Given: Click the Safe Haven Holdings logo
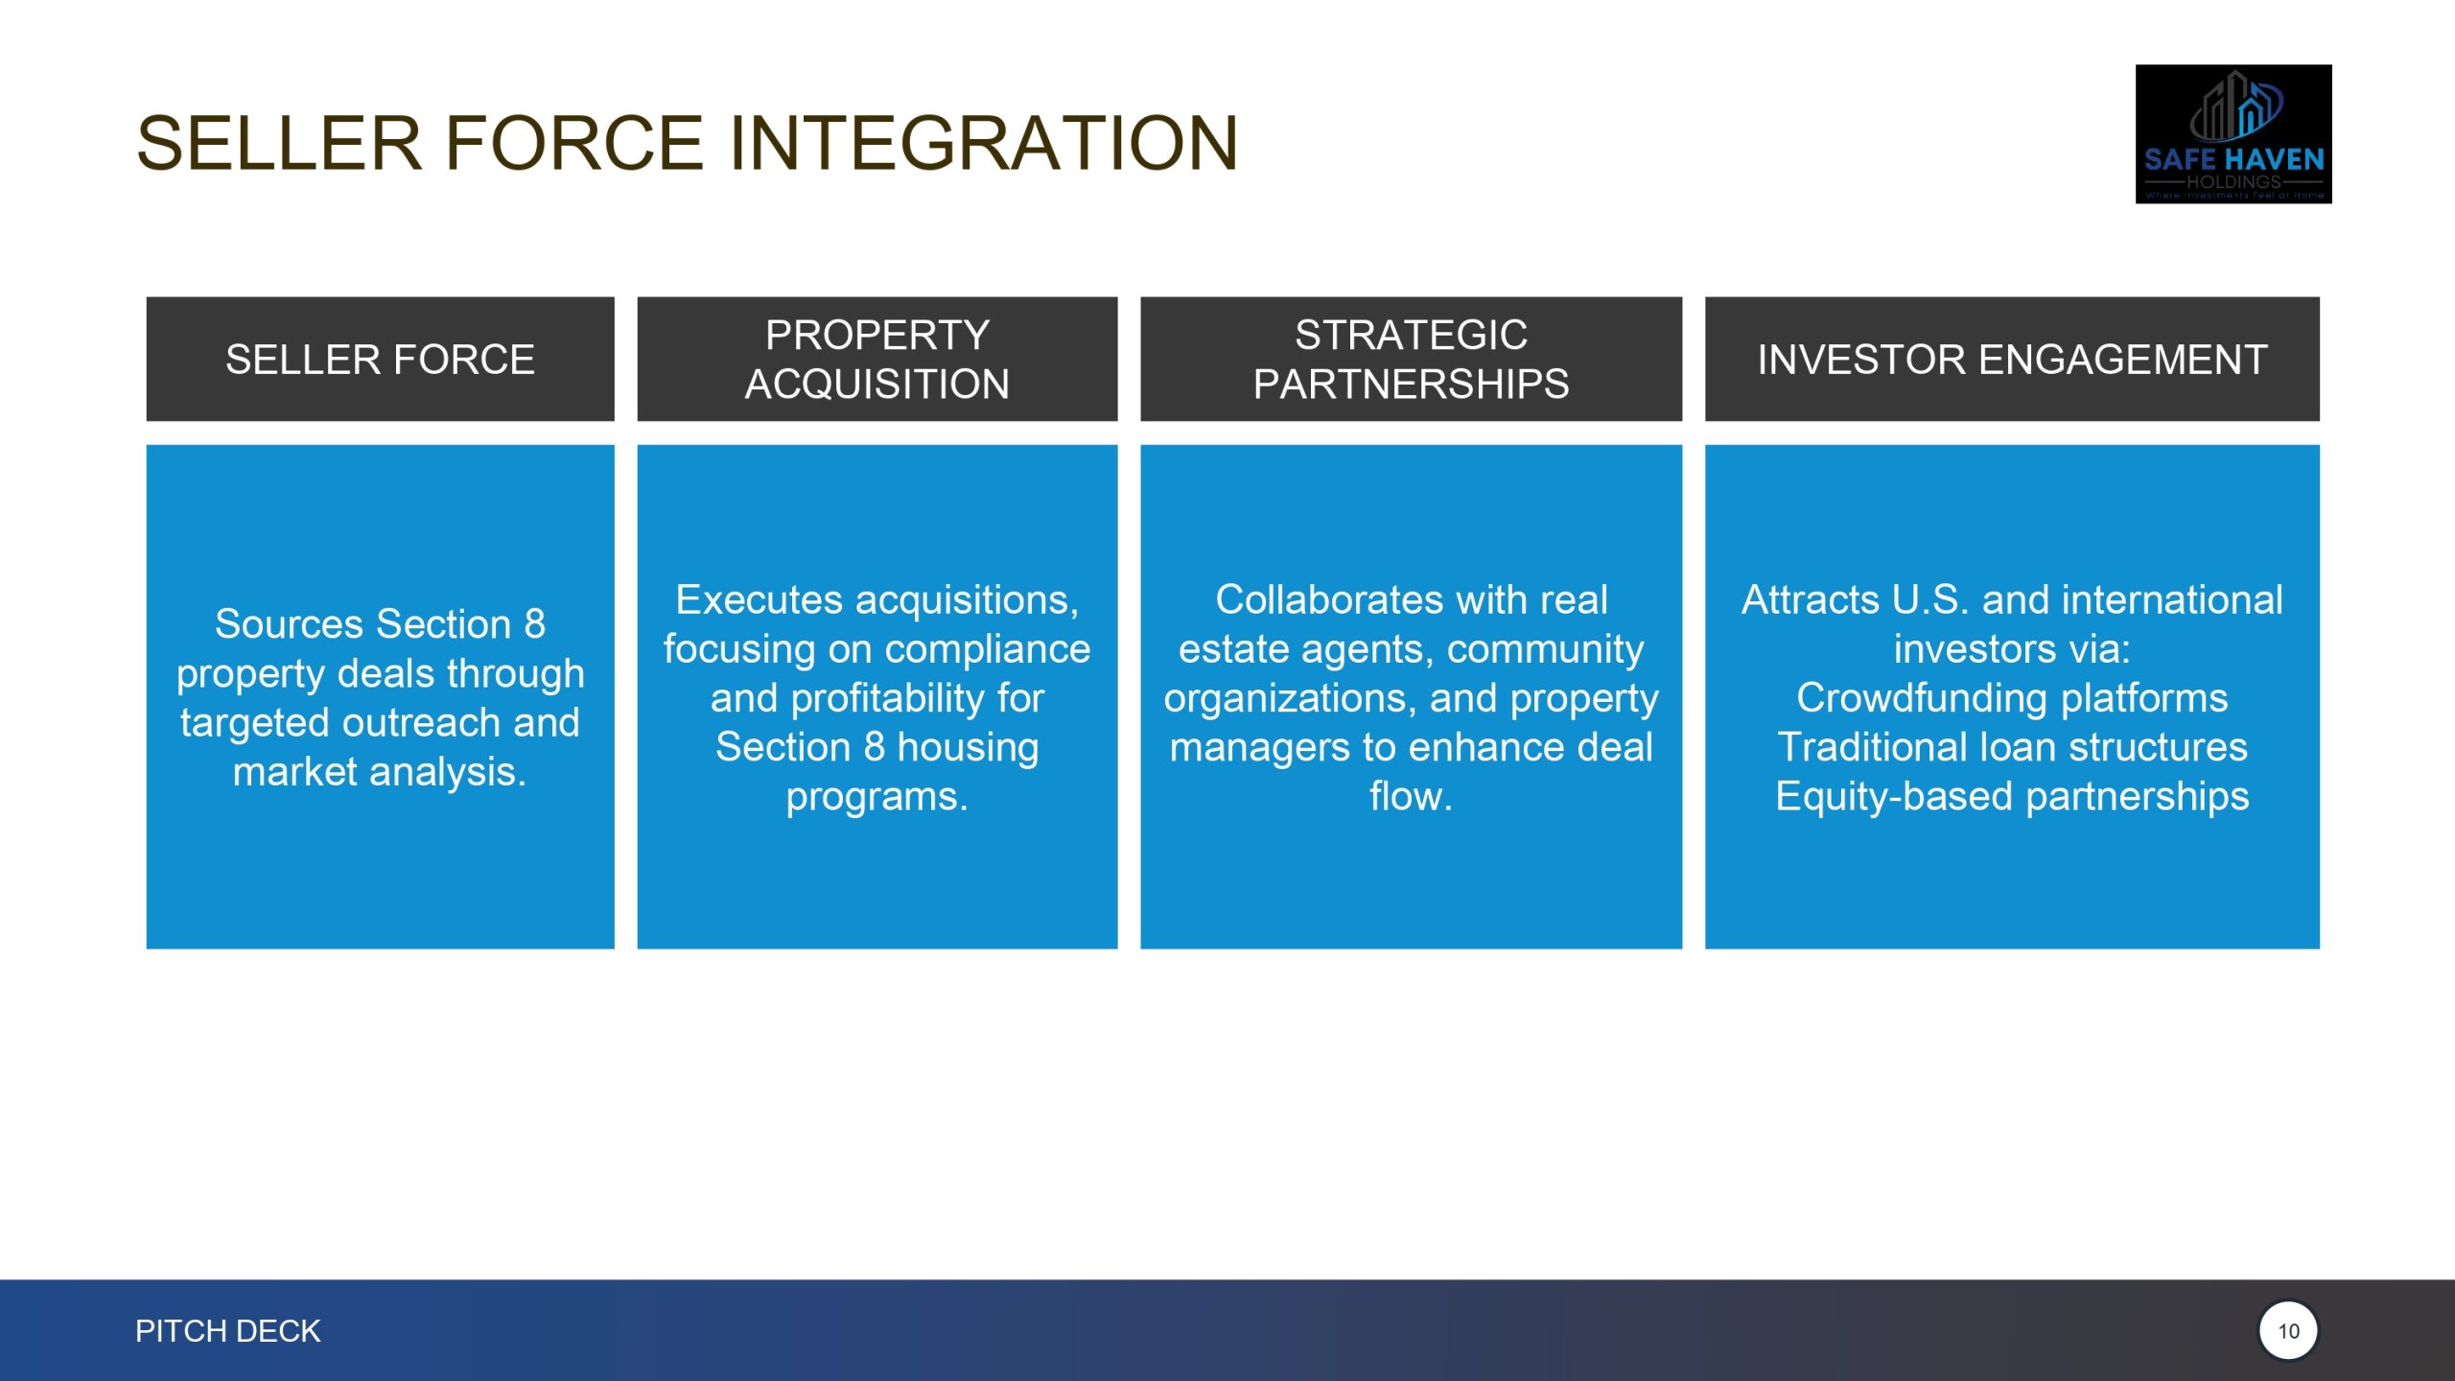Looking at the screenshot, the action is click(2233, 134).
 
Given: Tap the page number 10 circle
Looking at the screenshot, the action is click(2288, 1331).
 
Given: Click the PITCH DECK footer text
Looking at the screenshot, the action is click(227, 1331).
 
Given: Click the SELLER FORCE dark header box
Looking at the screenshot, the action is click(380, 359).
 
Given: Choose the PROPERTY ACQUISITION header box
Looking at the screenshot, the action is click(877, 359).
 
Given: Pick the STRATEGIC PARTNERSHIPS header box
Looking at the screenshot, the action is click(1411, 359).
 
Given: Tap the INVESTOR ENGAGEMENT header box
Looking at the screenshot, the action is click(2012, 359).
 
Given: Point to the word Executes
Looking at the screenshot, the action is click(760, 600).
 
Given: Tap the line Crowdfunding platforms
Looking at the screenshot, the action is click(2012, 698).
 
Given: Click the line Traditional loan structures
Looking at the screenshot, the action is click(2012, 747).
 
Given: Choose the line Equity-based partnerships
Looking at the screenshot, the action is click(2012, 797).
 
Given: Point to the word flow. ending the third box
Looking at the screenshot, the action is click(1411, 797).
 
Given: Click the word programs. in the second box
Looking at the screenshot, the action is click(877, 797).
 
